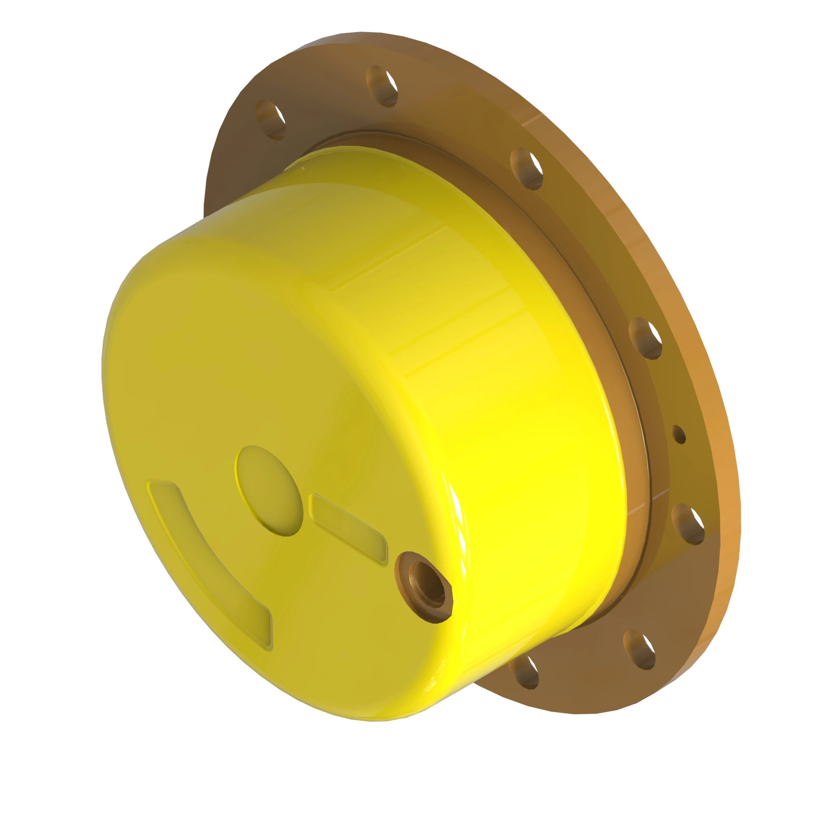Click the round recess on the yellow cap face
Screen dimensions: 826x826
tap(269, 491)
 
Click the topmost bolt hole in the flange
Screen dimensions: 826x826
tap(382, 86)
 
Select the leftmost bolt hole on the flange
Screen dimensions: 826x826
tap(270, 120)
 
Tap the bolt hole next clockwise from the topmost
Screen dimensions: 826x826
tap(527, 169)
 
